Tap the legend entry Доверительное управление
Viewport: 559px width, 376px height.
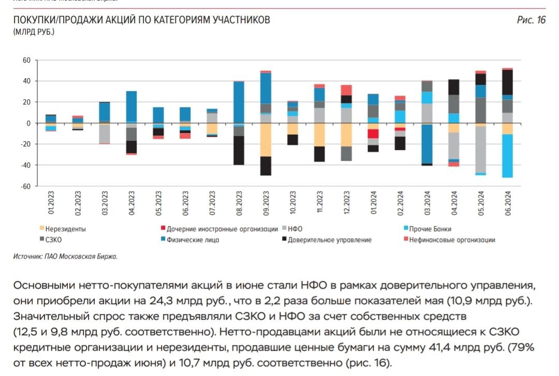click(x=330, y=239)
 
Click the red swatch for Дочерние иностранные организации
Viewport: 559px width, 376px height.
click(x=163, y=229)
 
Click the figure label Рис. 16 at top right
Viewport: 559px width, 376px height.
click(x=531, y=20)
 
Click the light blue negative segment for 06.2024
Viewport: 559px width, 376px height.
click(x=507, y=156)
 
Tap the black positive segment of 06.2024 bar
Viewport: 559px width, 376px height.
click(x=507, y=82)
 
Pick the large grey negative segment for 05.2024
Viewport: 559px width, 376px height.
click(x=480, y=149)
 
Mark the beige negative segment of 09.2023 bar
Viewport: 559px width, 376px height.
click(x=266, y=140)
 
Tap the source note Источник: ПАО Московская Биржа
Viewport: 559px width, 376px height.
click(x=66, y=256)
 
